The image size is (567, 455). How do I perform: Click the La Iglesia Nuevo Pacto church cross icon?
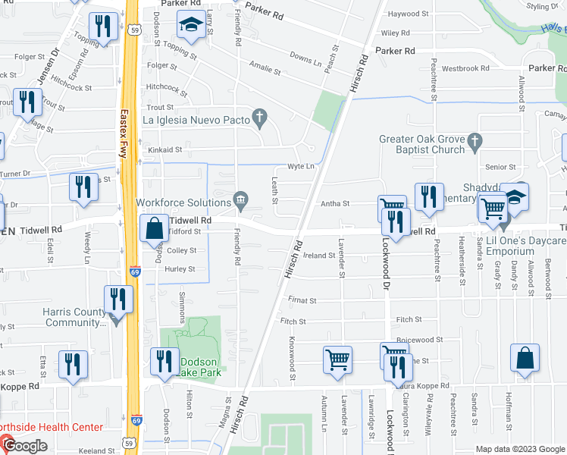(x=260, y=117)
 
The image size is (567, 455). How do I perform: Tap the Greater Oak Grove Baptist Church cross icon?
(x=475, y=140)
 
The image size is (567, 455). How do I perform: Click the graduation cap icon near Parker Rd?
(x=187, y=27)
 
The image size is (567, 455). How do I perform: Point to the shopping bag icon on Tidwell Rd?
(x=155, y=227)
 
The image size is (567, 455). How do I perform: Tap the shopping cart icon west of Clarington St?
(x=337, y=359)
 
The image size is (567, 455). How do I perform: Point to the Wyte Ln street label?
(x=299, y=168)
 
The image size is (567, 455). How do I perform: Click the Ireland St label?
(x=321, y=256)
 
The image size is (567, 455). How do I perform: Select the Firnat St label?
(x=302, y=300)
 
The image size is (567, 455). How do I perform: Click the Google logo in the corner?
(x=25, y=446)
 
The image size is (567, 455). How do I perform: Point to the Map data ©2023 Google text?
(x=519, y=449)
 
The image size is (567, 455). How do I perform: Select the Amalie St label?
(x=265, y=71)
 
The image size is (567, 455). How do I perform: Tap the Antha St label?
(x=335, y=203)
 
